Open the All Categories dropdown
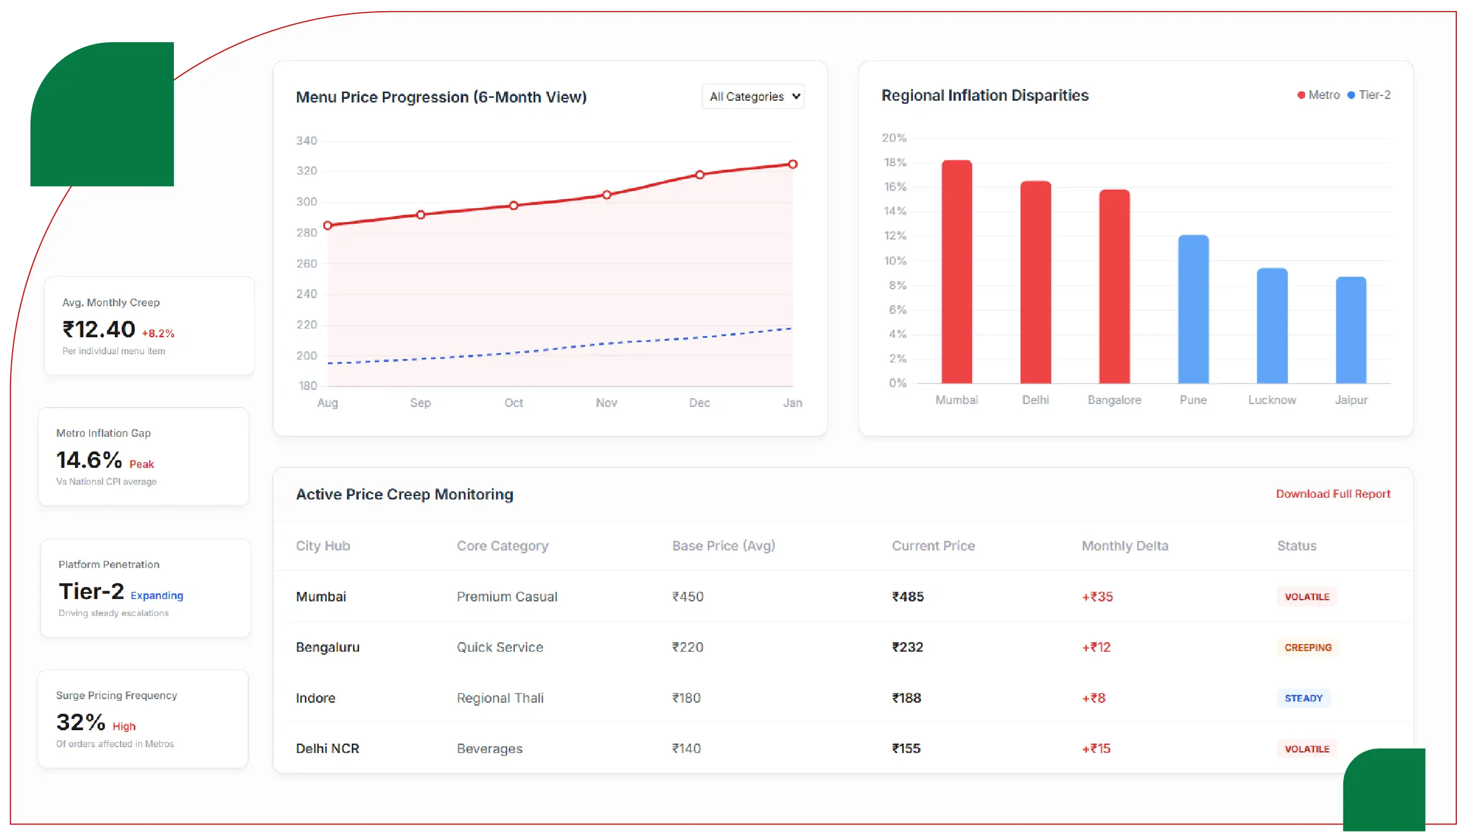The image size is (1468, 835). pos(753,97)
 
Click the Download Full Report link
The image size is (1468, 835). pos(1333,494)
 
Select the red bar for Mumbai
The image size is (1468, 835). pos(956,272)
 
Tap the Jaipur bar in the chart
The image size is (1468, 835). pos(1350,330)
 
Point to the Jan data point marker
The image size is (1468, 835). pos(792,165)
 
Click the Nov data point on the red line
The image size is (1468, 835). pos(607,195)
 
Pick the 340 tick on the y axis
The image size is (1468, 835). pos(306,141)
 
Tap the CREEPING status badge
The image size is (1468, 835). pos(1308,648)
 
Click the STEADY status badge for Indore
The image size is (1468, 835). pos(1303,698)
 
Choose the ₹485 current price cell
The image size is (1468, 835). pos(908,597)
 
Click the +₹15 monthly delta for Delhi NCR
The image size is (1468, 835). pos(1096,748)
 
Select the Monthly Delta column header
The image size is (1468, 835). pos(1124,546)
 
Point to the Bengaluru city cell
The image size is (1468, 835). pos(327,647)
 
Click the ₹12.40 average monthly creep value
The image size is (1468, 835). pos(99,330)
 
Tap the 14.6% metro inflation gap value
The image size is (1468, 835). pos(89,460)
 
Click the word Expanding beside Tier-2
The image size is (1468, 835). pos(156,596)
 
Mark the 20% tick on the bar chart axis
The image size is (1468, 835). pos(894,138)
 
